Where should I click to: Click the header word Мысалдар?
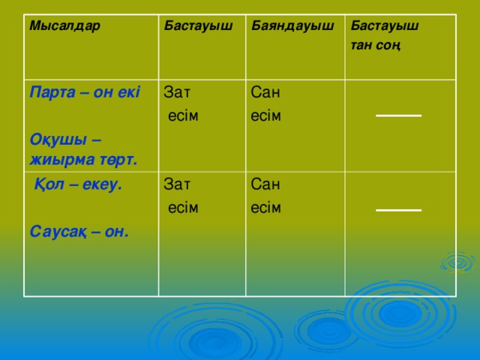64,25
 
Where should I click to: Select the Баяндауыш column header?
292,26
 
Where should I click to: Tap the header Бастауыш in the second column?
198,26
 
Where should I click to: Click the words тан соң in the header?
376,46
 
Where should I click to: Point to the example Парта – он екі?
85,92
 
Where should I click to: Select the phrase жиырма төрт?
83,160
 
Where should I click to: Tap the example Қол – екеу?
78,184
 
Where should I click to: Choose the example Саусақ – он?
79,232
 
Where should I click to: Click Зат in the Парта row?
177,92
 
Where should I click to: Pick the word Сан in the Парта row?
265,92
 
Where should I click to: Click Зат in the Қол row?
177,184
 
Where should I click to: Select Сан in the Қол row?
265,184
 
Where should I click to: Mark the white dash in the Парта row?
398,115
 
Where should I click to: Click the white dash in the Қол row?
398,210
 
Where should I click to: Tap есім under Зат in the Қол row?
183,208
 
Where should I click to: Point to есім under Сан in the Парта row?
265,116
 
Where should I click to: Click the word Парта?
52,92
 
